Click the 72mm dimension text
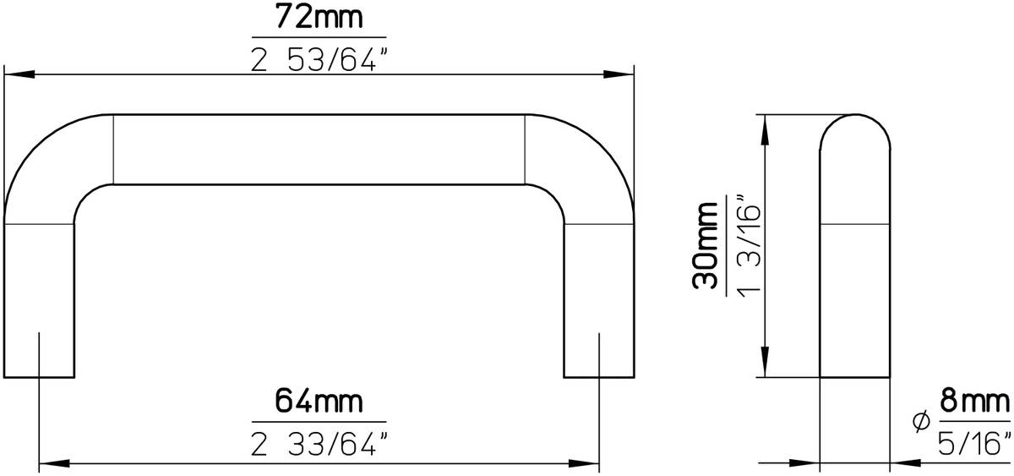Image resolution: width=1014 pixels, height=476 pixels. click(319, 17)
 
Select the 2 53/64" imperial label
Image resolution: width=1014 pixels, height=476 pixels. click(319, 58)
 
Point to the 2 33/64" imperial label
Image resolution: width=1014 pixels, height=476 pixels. click(319, 441)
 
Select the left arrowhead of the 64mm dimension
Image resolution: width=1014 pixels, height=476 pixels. click(52, 463)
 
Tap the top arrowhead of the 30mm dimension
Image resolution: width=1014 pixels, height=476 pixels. click(765, 127)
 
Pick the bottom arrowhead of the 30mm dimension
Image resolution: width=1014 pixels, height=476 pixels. click(765, 364)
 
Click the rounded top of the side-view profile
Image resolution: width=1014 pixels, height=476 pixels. click(855, 127)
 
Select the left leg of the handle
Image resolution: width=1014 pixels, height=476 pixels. click(40, 296)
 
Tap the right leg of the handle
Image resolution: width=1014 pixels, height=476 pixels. click(599, 296)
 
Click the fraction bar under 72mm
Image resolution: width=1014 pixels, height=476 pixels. click(319, 38)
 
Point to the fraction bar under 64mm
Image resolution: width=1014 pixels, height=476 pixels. click(319, 421)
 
